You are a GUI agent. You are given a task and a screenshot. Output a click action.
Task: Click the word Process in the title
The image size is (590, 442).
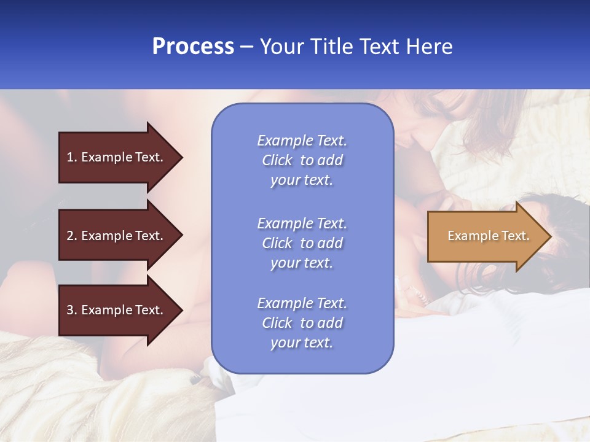[x=193, y=47]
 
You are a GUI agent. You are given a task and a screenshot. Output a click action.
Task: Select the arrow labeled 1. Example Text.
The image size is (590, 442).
[x=117, y=157]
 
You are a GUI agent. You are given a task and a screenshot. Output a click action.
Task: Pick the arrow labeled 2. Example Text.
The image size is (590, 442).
[x=117, y=236]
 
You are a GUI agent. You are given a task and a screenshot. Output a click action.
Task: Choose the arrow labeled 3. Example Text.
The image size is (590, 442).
[x=117, y=310]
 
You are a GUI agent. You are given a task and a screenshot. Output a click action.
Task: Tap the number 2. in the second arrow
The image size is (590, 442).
[x=71, y=236]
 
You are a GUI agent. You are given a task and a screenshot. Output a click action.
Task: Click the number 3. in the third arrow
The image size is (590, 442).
[x=71, y=310]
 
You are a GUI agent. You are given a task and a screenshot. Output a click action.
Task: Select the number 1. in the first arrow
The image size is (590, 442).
[x=71, y=157]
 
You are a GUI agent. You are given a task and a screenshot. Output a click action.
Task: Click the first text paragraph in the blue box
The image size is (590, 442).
[x=302, y=160]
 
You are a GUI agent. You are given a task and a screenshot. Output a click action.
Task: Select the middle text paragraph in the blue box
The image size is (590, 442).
[x=302, y=243]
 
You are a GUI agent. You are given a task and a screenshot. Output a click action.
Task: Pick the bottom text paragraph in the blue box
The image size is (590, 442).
[x=302, y=323]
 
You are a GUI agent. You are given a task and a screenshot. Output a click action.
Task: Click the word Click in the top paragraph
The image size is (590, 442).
[x=277, y=160]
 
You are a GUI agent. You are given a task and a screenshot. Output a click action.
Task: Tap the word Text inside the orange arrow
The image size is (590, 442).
[x=515, y=236]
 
